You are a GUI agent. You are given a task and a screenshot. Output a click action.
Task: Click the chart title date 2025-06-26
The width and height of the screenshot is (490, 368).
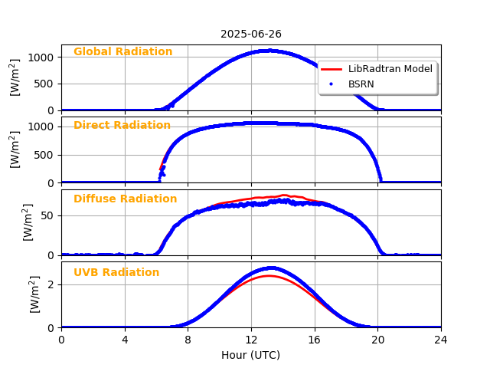[251, 34]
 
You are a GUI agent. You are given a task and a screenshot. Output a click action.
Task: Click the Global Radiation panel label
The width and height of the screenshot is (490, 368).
[122, 52]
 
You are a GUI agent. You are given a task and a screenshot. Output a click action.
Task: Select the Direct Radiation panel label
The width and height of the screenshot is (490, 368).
[122, 126]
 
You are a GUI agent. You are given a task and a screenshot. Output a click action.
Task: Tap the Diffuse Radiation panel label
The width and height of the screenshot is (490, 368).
[125, 199]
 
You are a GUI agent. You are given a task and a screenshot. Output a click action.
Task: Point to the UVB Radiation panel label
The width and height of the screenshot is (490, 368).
[116, 273]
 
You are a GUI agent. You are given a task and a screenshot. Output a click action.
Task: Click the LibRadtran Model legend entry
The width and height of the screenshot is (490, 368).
[390, 69]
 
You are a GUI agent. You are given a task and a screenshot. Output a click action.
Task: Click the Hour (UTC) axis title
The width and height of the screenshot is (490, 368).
[251, 356]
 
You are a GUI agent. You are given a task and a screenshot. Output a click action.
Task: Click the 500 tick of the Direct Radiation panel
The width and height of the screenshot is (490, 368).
[46, 155]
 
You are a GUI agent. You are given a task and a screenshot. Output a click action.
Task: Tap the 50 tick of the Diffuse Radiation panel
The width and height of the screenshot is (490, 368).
[48, 215]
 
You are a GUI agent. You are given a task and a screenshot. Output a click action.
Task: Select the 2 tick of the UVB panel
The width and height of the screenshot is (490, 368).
[51, 284]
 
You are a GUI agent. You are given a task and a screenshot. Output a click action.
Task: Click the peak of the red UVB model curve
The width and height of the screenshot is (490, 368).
[269, 276]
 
